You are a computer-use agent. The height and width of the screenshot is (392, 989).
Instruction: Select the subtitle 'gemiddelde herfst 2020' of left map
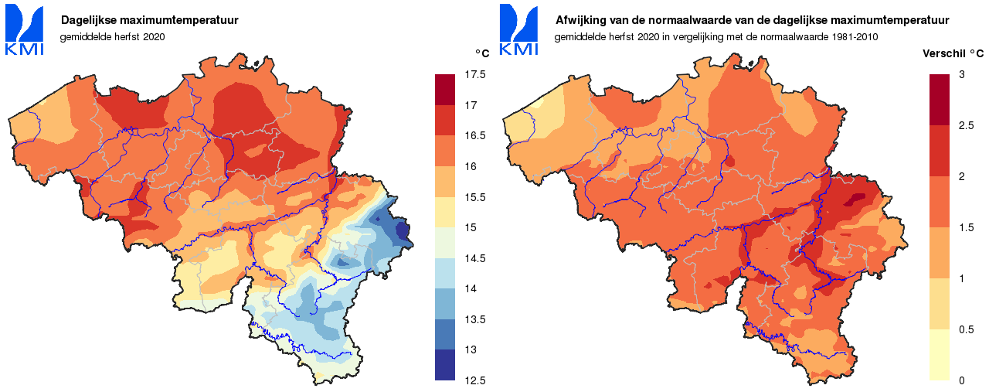(x=112, y=36)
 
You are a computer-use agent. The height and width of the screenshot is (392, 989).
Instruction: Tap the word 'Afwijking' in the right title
(x=580, y=21)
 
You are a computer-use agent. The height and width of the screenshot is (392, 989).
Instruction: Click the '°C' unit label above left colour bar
(x=481, y=53)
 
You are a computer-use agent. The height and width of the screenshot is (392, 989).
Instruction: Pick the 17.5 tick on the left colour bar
(x=475, y=74)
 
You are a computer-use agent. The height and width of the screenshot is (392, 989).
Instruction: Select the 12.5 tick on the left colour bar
(x=475, y=380)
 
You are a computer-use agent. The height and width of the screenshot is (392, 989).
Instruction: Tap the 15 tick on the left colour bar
(x=471, y=227)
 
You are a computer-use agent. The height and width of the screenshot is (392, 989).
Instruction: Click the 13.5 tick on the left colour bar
(x=475, y=319)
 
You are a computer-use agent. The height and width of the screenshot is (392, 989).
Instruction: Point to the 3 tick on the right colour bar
(x=961, y=74)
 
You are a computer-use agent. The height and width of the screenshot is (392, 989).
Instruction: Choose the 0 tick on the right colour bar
(x=961, y=380)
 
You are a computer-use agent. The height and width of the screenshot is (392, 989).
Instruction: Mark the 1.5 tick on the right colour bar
(x=965, y=227)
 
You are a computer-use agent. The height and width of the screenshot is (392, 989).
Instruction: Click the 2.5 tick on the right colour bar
(x=965, y=125)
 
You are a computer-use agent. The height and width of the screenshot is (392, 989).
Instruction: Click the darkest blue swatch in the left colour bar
(x=446, y=365)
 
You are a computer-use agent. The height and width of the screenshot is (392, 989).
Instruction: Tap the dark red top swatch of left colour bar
(x=446, y=90)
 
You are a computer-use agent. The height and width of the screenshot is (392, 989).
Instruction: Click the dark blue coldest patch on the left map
(x=402, y=230)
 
